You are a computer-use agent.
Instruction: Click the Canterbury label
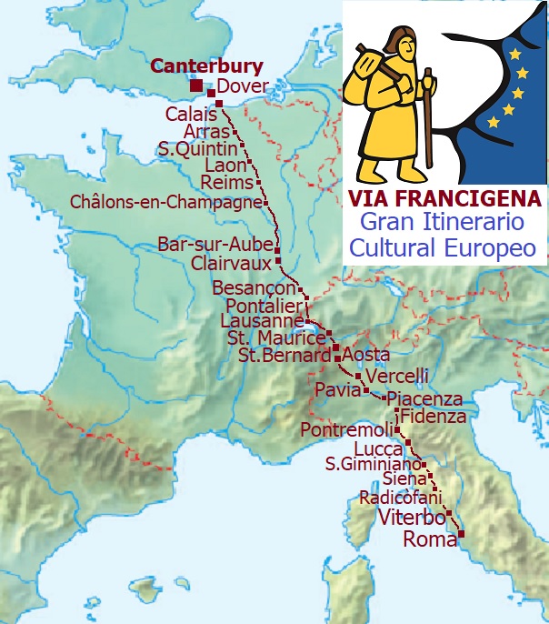(x=206, y=66)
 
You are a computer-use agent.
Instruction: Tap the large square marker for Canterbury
(x=196, y=86)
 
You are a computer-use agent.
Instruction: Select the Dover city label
(x=244, y=87)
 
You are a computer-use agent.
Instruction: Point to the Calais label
(x=191, y=115)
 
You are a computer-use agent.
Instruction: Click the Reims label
(x=225, y=184)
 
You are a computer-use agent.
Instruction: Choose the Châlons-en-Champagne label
(x=165, y=202)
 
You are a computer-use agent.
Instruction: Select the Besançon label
(x=254, y=287)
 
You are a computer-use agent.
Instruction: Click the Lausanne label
(x=263, y=321)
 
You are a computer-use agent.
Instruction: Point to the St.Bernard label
(x=284, y=356)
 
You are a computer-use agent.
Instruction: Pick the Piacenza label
(x=424, y=398)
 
